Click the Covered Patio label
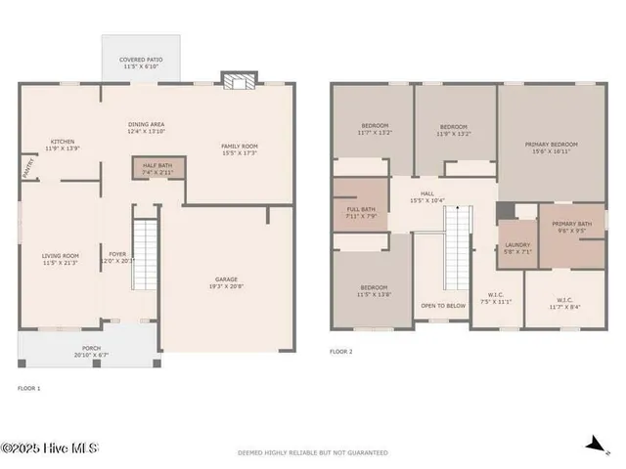(140, 60)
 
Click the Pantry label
(26, 168)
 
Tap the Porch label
(90, 347)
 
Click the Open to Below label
(442, 306)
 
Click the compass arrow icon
(593, 445)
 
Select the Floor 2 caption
(340, 351)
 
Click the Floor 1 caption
(29, 388)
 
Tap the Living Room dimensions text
(61, 263)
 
